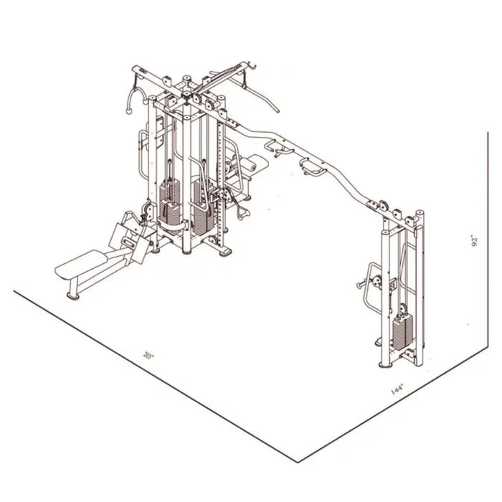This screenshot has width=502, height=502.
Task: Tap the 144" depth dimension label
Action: click(397, 389)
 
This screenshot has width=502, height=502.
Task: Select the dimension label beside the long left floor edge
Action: click(148, 354)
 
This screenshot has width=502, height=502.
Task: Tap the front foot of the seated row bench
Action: click(72, 294)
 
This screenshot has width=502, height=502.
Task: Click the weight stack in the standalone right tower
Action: click(402, 330)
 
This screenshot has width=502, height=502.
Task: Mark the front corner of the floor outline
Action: click(300, 460)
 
